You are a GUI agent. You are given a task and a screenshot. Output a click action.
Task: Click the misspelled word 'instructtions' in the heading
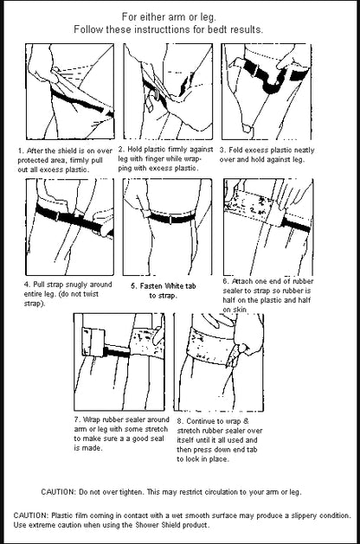click(163, 29)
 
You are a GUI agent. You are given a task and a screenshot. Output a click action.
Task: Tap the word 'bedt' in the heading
click(217, 29)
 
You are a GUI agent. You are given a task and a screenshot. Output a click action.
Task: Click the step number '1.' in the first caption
click(21, 150)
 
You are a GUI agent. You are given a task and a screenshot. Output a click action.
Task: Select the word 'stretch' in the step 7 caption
click(155, 429)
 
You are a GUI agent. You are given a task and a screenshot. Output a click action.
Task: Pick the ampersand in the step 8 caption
click(246, 421)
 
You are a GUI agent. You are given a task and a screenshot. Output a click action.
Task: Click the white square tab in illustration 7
click(93, 342)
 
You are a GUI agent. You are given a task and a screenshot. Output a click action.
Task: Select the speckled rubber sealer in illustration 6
click(255, 207)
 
